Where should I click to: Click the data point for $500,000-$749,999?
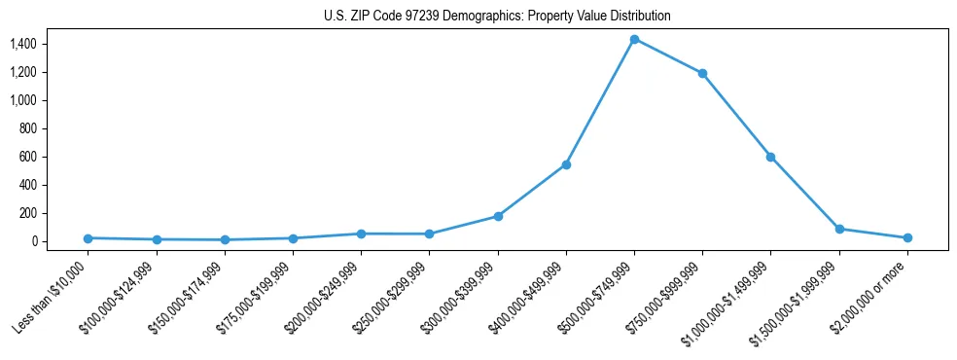[x=634, y=39]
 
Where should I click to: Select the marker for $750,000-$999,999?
[x=702, y=73]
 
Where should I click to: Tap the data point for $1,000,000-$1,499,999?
[x=770, y=157]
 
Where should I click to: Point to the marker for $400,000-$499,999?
[x=566, y=164]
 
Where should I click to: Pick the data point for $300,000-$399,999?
[x=498, y=216]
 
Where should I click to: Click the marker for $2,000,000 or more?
[x=907, y=237]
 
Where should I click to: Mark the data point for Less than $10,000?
[x=88, y=237]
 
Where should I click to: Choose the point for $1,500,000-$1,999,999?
[x=839, y=229]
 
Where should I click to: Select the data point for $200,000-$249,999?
[x=361, y=234]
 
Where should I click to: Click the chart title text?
[x=497, y=17]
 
